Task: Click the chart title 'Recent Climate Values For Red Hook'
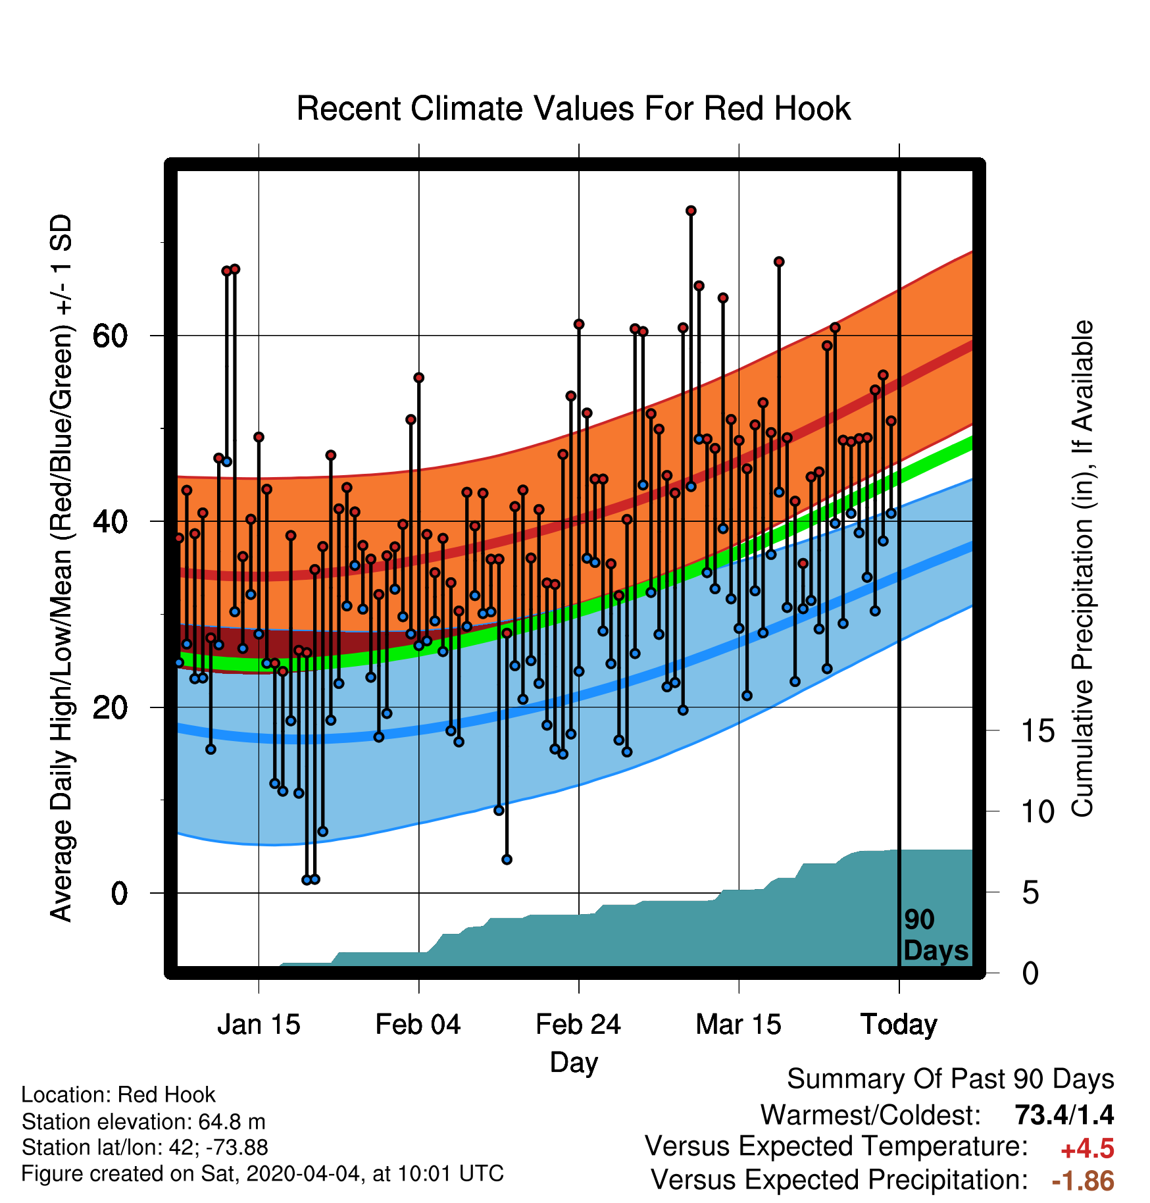click(574, 109)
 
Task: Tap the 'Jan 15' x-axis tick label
click(259, 1025)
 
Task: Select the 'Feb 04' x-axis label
click(418, 1025)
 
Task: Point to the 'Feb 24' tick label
click(578, 1025)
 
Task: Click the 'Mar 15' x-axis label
click(738, 1025)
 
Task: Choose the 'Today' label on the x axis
click(899, 1025)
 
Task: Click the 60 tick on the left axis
click(111, 336)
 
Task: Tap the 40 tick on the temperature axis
click(111, 521)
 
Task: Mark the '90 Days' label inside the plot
click(936, 935)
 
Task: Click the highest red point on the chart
click(691, 211)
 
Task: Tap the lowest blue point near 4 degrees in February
click(507, 859)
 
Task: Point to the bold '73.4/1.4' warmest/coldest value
click(1064, 1115)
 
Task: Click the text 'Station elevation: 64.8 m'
click(143, 1121)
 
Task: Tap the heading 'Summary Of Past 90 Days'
click(951, 1079)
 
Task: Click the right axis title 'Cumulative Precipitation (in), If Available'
click(1083, 569)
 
